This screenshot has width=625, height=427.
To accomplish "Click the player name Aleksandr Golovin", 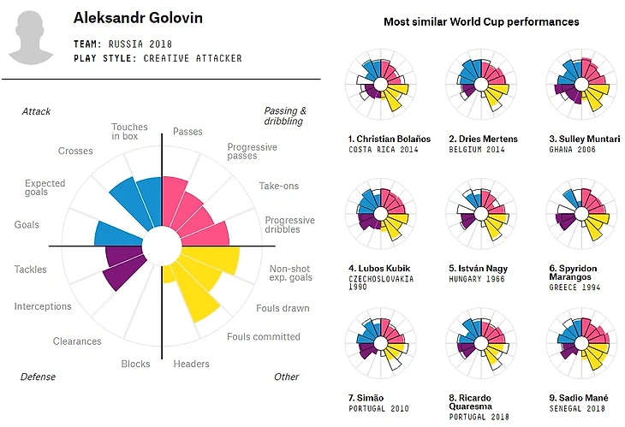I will click(132, 18).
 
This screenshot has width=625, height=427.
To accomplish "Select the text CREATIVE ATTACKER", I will click(193, 58).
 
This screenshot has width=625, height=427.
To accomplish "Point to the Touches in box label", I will click(129, 133).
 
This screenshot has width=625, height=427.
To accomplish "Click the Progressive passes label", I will click(252, 151).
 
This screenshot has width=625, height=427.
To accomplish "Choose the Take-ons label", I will click(279, 186).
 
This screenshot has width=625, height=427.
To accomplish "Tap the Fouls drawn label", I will click(283, 308).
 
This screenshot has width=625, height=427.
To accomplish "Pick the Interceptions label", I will click(43, 306).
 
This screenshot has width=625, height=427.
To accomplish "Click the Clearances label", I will click(77, 341).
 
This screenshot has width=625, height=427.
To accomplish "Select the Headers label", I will click(191, 364).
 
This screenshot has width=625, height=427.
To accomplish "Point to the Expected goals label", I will click(45, 188).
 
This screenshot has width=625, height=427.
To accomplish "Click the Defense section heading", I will click(38, 377).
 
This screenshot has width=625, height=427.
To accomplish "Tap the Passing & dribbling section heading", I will click(285, 116).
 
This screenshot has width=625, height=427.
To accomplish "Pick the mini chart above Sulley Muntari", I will click(581, 86).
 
